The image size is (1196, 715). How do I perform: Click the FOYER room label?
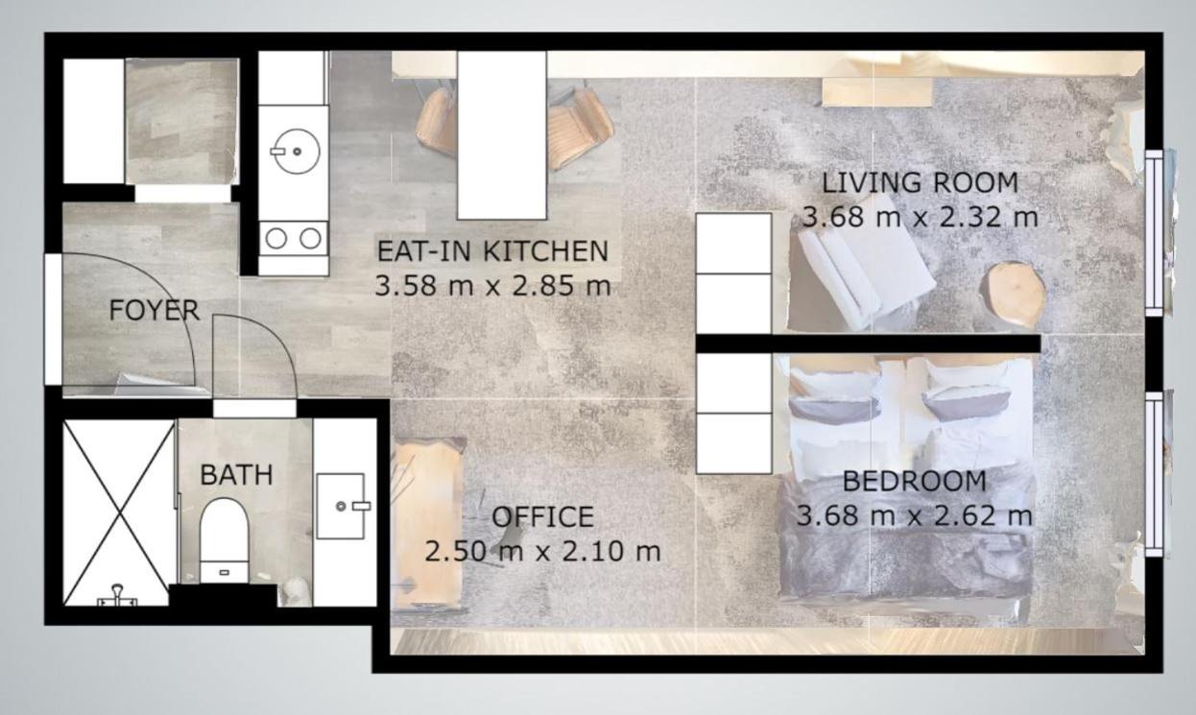[x=155, y=310]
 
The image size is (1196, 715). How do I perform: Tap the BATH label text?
[x=236, y=475]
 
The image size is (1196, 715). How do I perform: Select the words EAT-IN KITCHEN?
[x=492, y=251]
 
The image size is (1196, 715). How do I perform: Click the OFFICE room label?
[x=542, y=516]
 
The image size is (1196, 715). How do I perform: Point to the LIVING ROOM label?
[x=920, y=182]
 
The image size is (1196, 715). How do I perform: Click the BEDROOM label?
[x=915, y=481]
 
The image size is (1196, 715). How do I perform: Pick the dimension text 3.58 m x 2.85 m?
[x=492, y=286]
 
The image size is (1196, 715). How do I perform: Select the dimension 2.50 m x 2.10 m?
[x=542, y=551]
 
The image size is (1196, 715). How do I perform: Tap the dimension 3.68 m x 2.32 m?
[x=920, y=217]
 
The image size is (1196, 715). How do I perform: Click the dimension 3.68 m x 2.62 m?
[x=915, y=515]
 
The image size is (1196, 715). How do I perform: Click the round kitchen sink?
[x=296, y=152]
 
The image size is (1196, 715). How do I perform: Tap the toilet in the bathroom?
[x=225, y=540]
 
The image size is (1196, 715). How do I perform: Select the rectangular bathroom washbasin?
[x=342, y=506]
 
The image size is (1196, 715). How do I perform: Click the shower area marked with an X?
[x=119, y=512]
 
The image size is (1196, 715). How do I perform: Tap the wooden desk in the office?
[x=427, y=522]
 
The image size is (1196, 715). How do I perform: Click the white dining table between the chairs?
[x=502, y=135]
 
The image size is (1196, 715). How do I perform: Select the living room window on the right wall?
[x=1154, y=233]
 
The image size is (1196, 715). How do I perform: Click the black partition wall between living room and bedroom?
[x=868, y=344]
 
